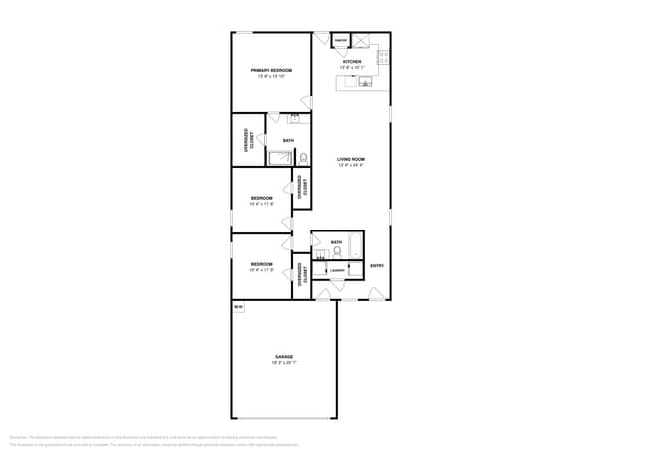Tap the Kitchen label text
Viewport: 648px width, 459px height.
tap(352, 62)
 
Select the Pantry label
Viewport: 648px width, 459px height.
tap(340, 41)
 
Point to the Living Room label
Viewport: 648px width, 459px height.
tap(351, 159)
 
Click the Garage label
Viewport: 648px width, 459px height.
tap(285, 356)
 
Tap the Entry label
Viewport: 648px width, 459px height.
tap(377, 265)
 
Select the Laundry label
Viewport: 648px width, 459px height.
tap(337, 269)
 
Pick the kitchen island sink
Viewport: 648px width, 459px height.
tap(365, 81)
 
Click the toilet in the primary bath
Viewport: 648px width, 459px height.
tap(304, 157)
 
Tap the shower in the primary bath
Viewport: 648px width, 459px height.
tap(280, 157)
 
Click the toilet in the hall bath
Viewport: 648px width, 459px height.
tap(337, 251)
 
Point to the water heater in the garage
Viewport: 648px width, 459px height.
tap(238, 308)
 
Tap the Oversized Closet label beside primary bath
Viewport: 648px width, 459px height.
tap(247, 140)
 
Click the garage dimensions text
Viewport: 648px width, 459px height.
tap(285, 363)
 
